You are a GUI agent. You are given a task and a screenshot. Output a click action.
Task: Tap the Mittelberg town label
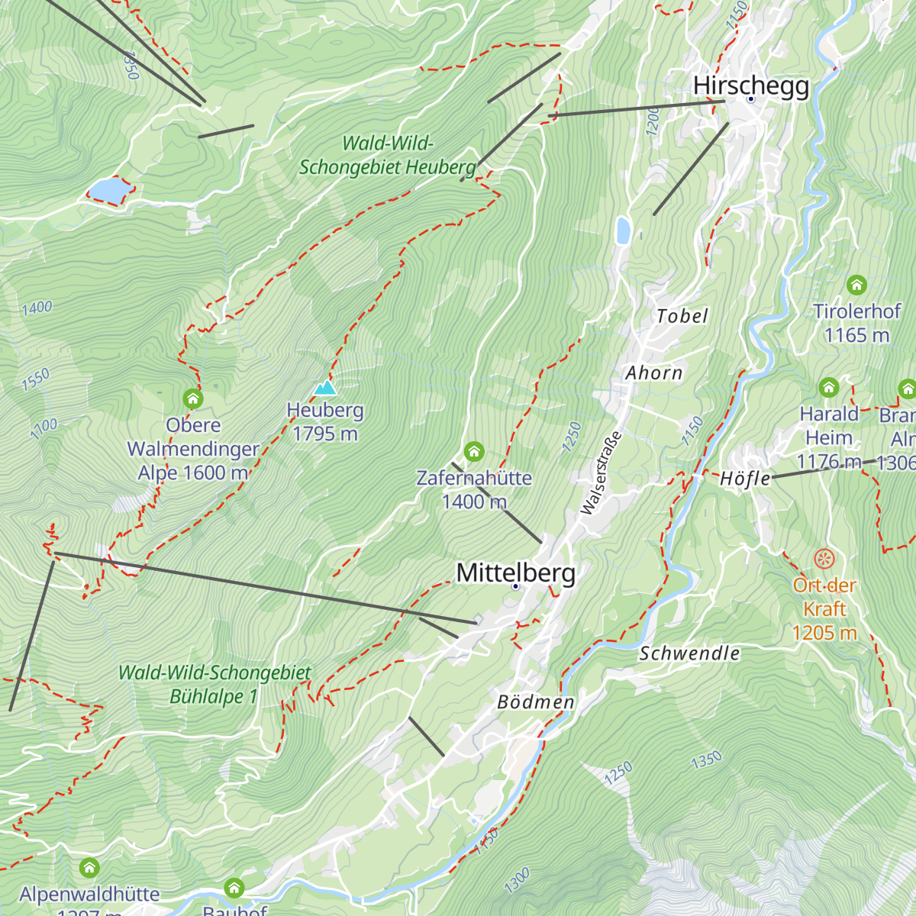pyautogui.click(x=515, y=572)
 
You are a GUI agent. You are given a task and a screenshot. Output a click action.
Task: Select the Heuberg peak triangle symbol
pyautogui.click(x=325, y=388)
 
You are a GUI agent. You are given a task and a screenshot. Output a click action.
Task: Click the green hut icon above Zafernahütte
pyautogui.click(x=474, y=451)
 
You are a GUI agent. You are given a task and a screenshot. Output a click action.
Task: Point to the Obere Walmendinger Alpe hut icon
pyautogui.click(x=193, y=398)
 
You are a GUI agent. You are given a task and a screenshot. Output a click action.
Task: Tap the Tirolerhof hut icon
pyautogui.click(x=856, y=285)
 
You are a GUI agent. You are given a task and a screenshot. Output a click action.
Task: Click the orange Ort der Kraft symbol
pyautogui.click(x=824, y=559)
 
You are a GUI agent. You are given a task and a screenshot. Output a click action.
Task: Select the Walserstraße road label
pyautogui.click(x=601, y=473)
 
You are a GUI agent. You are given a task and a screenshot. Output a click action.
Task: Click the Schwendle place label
pyautogui.click(x=689, y=653)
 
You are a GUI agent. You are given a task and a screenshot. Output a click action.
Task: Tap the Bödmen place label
pyautogui.click(x=536, y=702)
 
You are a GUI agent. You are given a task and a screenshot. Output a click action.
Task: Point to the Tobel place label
pyautogui.click(x=682, y=316)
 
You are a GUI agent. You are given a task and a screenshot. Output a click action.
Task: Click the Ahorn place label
pyautogui.click(x=654, y=373)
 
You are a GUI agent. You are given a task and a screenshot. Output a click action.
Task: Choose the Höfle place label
pyautogui.click(x=745, y=479)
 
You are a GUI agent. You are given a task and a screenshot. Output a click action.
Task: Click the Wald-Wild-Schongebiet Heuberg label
pyautogui.click(x=388, y=155)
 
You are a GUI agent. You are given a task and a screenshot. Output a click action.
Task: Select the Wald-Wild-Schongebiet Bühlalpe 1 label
pyautogui.click(x=214, y=684)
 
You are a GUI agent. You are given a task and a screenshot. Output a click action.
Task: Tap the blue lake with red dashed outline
pyautogui.click(x=108, y=190)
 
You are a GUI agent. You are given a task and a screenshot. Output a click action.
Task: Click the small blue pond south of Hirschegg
pyautogui.click(x=623, y=230)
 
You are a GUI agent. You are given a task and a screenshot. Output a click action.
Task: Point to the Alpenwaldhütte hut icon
pyautogui.click(x=89, y=868)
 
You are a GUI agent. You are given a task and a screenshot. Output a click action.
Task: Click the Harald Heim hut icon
pyautogui.click(x=829, y=388)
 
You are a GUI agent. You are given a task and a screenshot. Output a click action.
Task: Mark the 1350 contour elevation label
pyautogui.click(x=706, y=760)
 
